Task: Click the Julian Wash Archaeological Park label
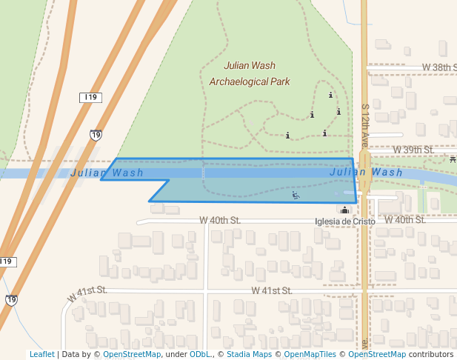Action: point(250,73)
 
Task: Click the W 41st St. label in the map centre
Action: point(273,291)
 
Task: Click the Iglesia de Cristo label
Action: point(345,221)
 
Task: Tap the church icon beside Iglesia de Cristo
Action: point(344,210)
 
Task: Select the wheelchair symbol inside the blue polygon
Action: point(296,196)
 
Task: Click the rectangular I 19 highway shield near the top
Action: point(91,97)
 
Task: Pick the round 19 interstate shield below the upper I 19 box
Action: point(96,135)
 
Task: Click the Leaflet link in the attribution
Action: point(41,354)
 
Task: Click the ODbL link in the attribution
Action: point(200,354)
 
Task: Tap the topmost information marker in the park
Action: point(331,95)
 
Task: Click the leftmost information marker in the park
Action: point(287,136)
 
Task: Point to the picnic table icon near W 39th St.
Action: point(452,159)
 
